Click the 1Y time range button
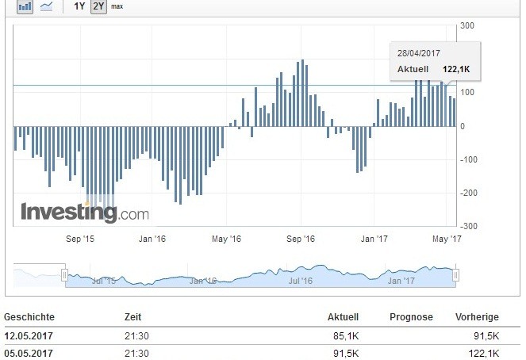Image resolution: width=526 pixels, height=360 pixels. click(x=79, y=6)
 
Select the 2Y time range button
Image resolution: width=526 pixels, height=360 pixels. click(x=98, y=6)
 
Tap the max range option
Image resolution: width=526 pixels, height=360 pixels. click(x=117, y=6)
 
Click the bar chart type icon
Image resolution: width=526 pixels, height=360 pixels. click(x=25, y=6)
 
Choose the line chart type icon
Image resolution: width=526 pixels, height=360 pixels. click(x=47, y=6)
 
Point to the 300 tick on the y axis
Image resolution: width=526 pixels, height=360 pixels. click(x=467, y=26)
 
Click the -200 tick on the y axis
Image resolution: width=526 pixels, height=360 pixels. click(x=469, y=193)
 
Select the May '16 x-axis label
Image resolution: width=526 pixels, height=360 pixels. click(x=227, y=238)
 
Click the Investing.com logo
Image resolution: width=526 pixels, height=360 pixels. click(x=84, y=213)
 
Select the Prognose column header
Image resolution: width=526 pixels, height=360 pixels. click(x=411, y=317)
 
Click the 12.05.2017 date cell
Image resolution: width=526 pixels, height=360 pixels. click(x=29, y=337)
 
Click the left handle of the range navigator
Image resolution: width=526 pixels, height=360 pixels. click(x=65, y=274)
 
